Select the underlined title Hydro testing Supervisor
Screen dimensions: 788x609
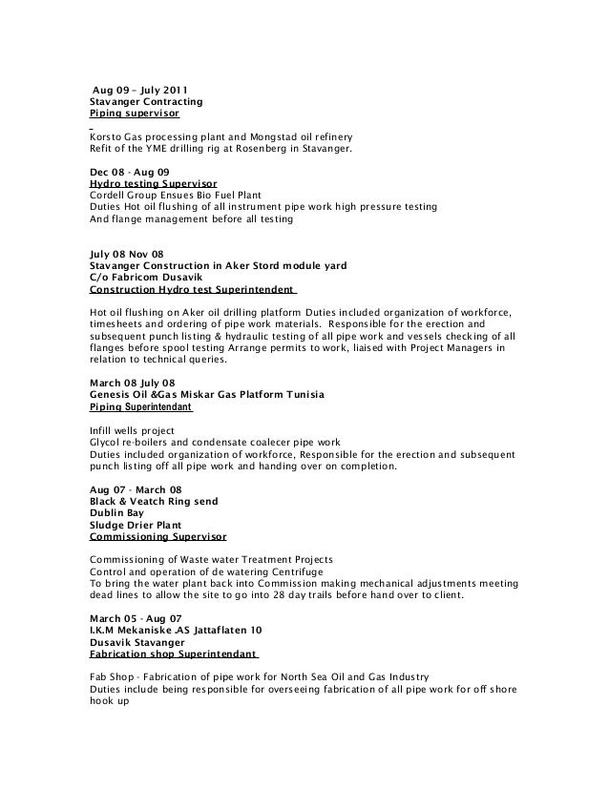[x=153, y=183]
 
